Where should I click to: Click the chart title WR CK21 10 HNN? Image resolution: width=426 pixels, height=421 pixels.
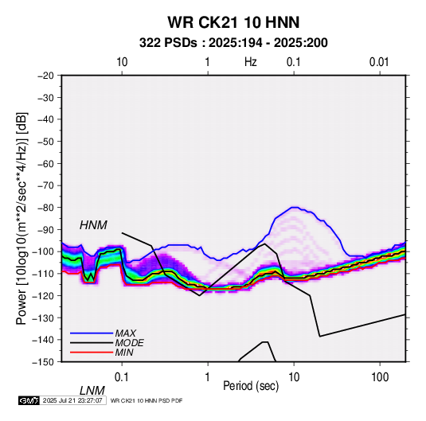click(233, 22)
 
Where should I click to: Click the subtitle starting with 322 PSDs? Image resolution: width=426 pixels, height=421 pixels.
click(233, 43)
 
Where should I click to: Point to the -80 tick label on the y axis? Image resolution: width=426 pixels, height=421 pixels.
click(45, 208)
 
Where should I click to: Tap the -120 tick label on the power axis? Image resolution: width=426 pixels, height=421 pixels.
click(43, 295)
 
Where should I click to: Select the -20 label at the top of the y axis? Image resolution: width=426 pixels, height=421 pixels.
click(45, 76)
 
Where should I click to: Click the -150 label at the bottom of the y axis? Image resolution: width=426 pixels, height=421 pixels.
click(43, 362)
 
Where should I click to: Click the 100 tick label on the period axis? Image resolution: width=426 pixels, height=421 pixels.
click(380, 377)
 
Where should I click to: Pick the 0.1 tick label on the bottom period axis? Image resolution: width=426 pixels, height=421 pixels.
click(122, 377)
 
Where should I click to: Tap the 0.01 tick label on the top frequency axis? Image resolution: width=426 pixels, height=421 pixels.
click(379, 62)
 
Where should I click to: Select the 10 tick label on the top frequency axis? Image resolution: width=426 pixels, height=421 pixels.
click(122, 62)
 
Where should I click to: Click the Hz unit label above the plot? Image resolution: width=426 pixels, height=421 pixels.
click(251, 62)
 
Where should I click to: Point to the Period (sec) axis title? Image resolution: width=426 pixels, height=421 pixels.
click(251, 386)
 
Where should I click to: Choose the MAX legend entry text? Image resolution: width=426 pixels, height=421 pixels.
click(126, 333)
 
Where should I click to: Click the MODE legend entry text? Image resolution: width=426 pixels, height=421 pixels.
click(129, 343)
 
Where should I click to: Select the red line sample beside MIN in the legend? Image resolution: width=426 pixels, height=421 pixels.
click(92, 353)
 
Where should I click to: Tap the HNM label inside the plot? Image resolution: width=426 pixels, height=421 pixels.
click(93, 225)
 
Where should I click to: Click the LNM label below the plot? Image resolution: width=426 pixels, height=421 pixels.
click(92, 391)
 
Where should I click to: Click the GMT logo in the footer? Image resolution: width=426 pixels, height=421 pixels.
click(29, 400)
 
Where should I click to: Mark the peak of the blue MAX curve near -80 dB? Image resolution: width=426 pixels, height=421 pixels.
click(294, 207)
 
